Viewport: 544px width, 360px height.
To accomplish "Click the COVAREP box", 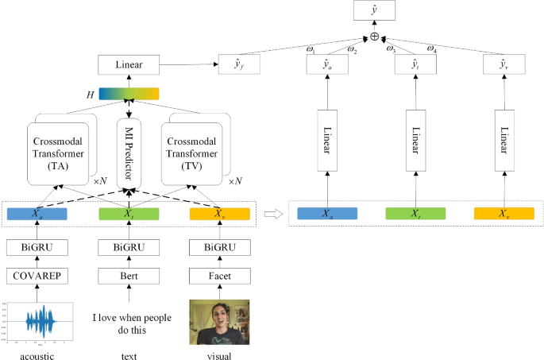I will (33, 276).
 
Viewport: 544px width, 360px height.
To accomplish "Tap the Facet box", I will (220, 276).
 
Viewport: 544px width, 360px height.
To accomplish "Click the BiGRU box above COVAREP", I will (33, 247).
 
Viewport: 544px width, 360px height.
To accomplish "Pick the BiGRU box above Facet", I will (220, 247).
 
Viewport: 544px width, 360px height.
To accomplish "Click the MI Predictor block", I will (128, 151).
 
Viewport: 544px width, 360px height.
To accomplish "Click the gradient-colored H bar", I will (128, 94).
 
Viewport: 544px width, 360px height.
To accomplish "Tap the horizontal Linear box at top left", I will (128, 64).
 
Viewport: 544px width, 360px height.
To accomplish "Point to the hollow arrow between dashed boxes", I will (272, 213).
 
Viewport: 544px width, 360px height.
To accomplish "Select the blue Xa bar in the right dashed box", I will (326, 213).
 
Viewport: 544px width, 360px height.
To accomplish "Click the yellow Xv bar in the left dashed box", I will (220, 213).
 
